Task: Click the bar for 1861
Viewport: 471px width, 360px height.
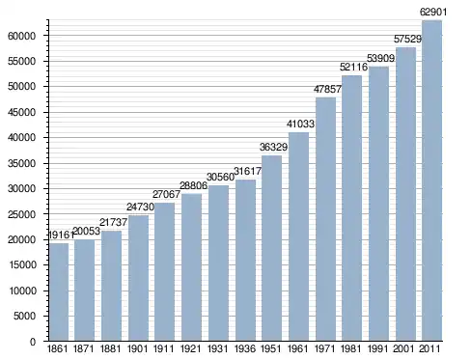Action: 59,291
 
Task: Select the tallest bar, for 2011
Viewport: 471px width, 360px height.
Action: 431,180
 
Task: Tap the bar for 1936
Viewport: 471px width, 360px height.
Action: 245,260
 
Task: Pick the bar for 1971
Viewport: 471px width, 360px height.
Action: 325,219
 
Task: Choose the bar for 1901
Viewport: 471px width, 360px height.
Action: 139,278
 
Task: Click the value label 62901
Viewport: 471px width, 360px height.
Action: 433,13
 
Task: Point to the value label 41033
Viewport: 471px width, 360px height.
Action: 300,124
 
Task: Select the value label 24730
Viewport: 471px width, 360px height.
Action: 140,207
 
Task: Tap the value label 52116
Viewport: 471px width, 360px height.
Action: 353,67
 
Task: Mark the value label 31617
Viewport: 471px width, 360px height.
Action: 247,171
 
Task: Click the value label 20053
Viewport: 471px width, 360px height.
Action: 87,231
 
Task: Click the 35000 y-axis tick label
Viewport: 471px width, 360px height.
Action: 21,163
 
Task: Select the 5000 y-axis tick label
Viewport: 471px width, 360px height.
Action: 24,317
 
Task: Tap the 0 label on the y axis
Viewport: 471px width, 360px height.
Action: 33,342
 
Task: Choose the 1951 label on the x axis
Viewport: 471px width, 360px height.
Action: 271,348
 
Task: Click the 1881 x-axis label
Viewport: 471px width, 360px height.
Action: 110,348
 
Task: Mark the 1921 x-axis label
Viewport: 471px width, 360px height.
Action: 191,348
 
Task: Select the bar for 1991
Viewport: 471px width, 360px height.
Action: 378,204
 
